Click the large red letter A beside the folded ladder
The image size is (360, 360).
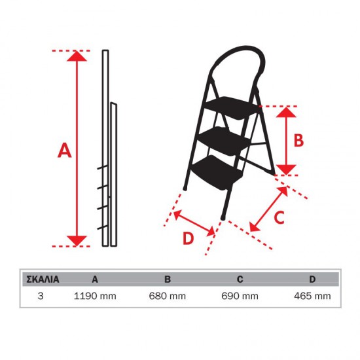65,150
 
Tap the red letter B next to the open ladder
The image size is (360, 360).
298,140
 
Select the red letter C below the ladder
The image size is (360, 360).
279,218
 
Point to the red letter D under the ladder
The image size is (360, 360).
188,238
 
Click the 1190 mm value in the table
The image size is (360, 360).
95,296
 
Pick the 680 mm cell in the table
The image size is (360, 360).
168,296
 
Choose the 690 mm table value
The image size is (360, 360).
240,296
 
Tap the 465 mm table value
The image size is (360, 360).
312,296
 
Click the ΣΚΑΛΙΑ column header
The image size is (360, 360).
43,279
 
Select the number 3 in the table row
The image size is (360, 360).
41,296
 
